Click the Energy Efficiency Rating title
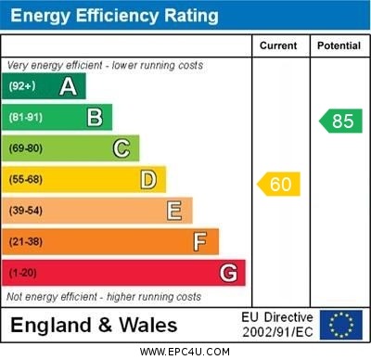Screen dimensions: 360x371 [114, 16]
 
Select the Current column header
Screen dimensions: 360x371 [278, 45]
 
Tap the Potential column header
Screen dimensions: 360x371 [339, 45]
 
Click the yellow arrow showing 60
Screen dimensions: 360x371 [279, 185]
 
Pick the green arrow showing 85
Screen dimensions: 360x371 [339, 121]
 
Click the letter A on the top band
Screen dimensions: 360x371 [68, 87]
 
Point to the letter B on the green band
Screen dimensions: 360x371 [95, 118]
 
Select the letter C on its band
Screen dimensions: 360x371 [122, 148]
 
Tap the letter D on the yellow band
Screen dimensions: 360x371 [148, 180]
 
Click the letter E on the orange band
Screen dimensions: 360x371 [174, 211]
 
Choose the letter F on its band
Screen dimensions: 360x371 [200, 242]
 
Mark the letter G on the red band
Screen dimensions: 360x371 [228, 274]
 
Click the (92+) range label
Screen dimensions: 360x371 [21, 87]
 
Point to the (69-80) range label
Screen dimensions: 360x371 [26, 148]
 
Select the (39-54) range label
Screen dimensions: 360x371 [26, 211]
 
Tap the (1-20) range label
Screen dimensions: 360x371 [23, 274]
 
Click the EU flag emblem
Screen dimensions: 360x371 [341, 325]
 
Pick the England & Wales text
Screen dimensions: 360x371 [94, 326]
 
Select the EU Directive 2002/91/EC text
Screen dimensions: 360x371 [277, 325]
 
